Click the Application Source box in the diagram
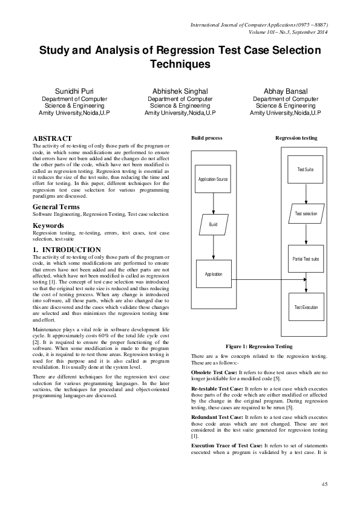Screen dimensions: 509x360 click(213, 180)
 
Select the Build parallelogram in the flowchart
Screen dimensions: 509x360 click(213, 224)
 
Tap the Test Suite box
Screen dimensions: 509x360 click(305, 170)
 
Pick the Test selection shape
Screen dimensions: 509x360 click(306, 214)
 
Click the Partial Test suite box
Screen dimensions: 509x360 click(306, 259)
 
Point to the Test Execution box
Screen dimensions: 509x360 click(306, 308)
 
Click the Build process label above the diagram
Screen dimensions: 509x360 click(207, 138)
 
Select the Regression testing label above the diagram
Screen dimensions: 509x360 click(296, 138)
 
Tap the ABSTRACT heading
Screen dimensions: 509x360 click(52, 138)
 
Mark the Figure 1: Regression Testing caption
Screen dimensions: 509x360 click(259, 346)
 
